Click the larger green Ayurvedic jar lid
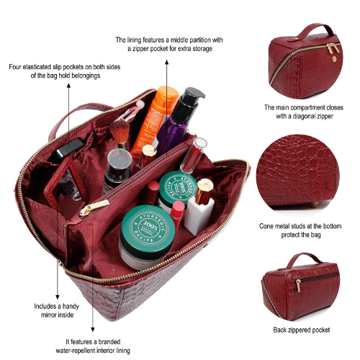point(148,227)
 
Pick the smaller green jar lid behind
point(178,186)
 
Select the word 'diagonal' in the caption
point(305,117)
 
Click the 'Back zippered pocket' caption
point(302,330)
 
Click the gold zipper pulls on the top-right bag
point(333,48)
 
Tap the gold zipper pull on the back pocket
point(298,285)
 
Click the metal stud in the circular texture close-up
point(314,204)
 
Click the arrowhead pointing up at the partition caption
point(167,62)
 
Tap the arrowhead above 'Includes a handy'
point(58,297)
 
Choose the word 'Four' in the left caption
point(14,67)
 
